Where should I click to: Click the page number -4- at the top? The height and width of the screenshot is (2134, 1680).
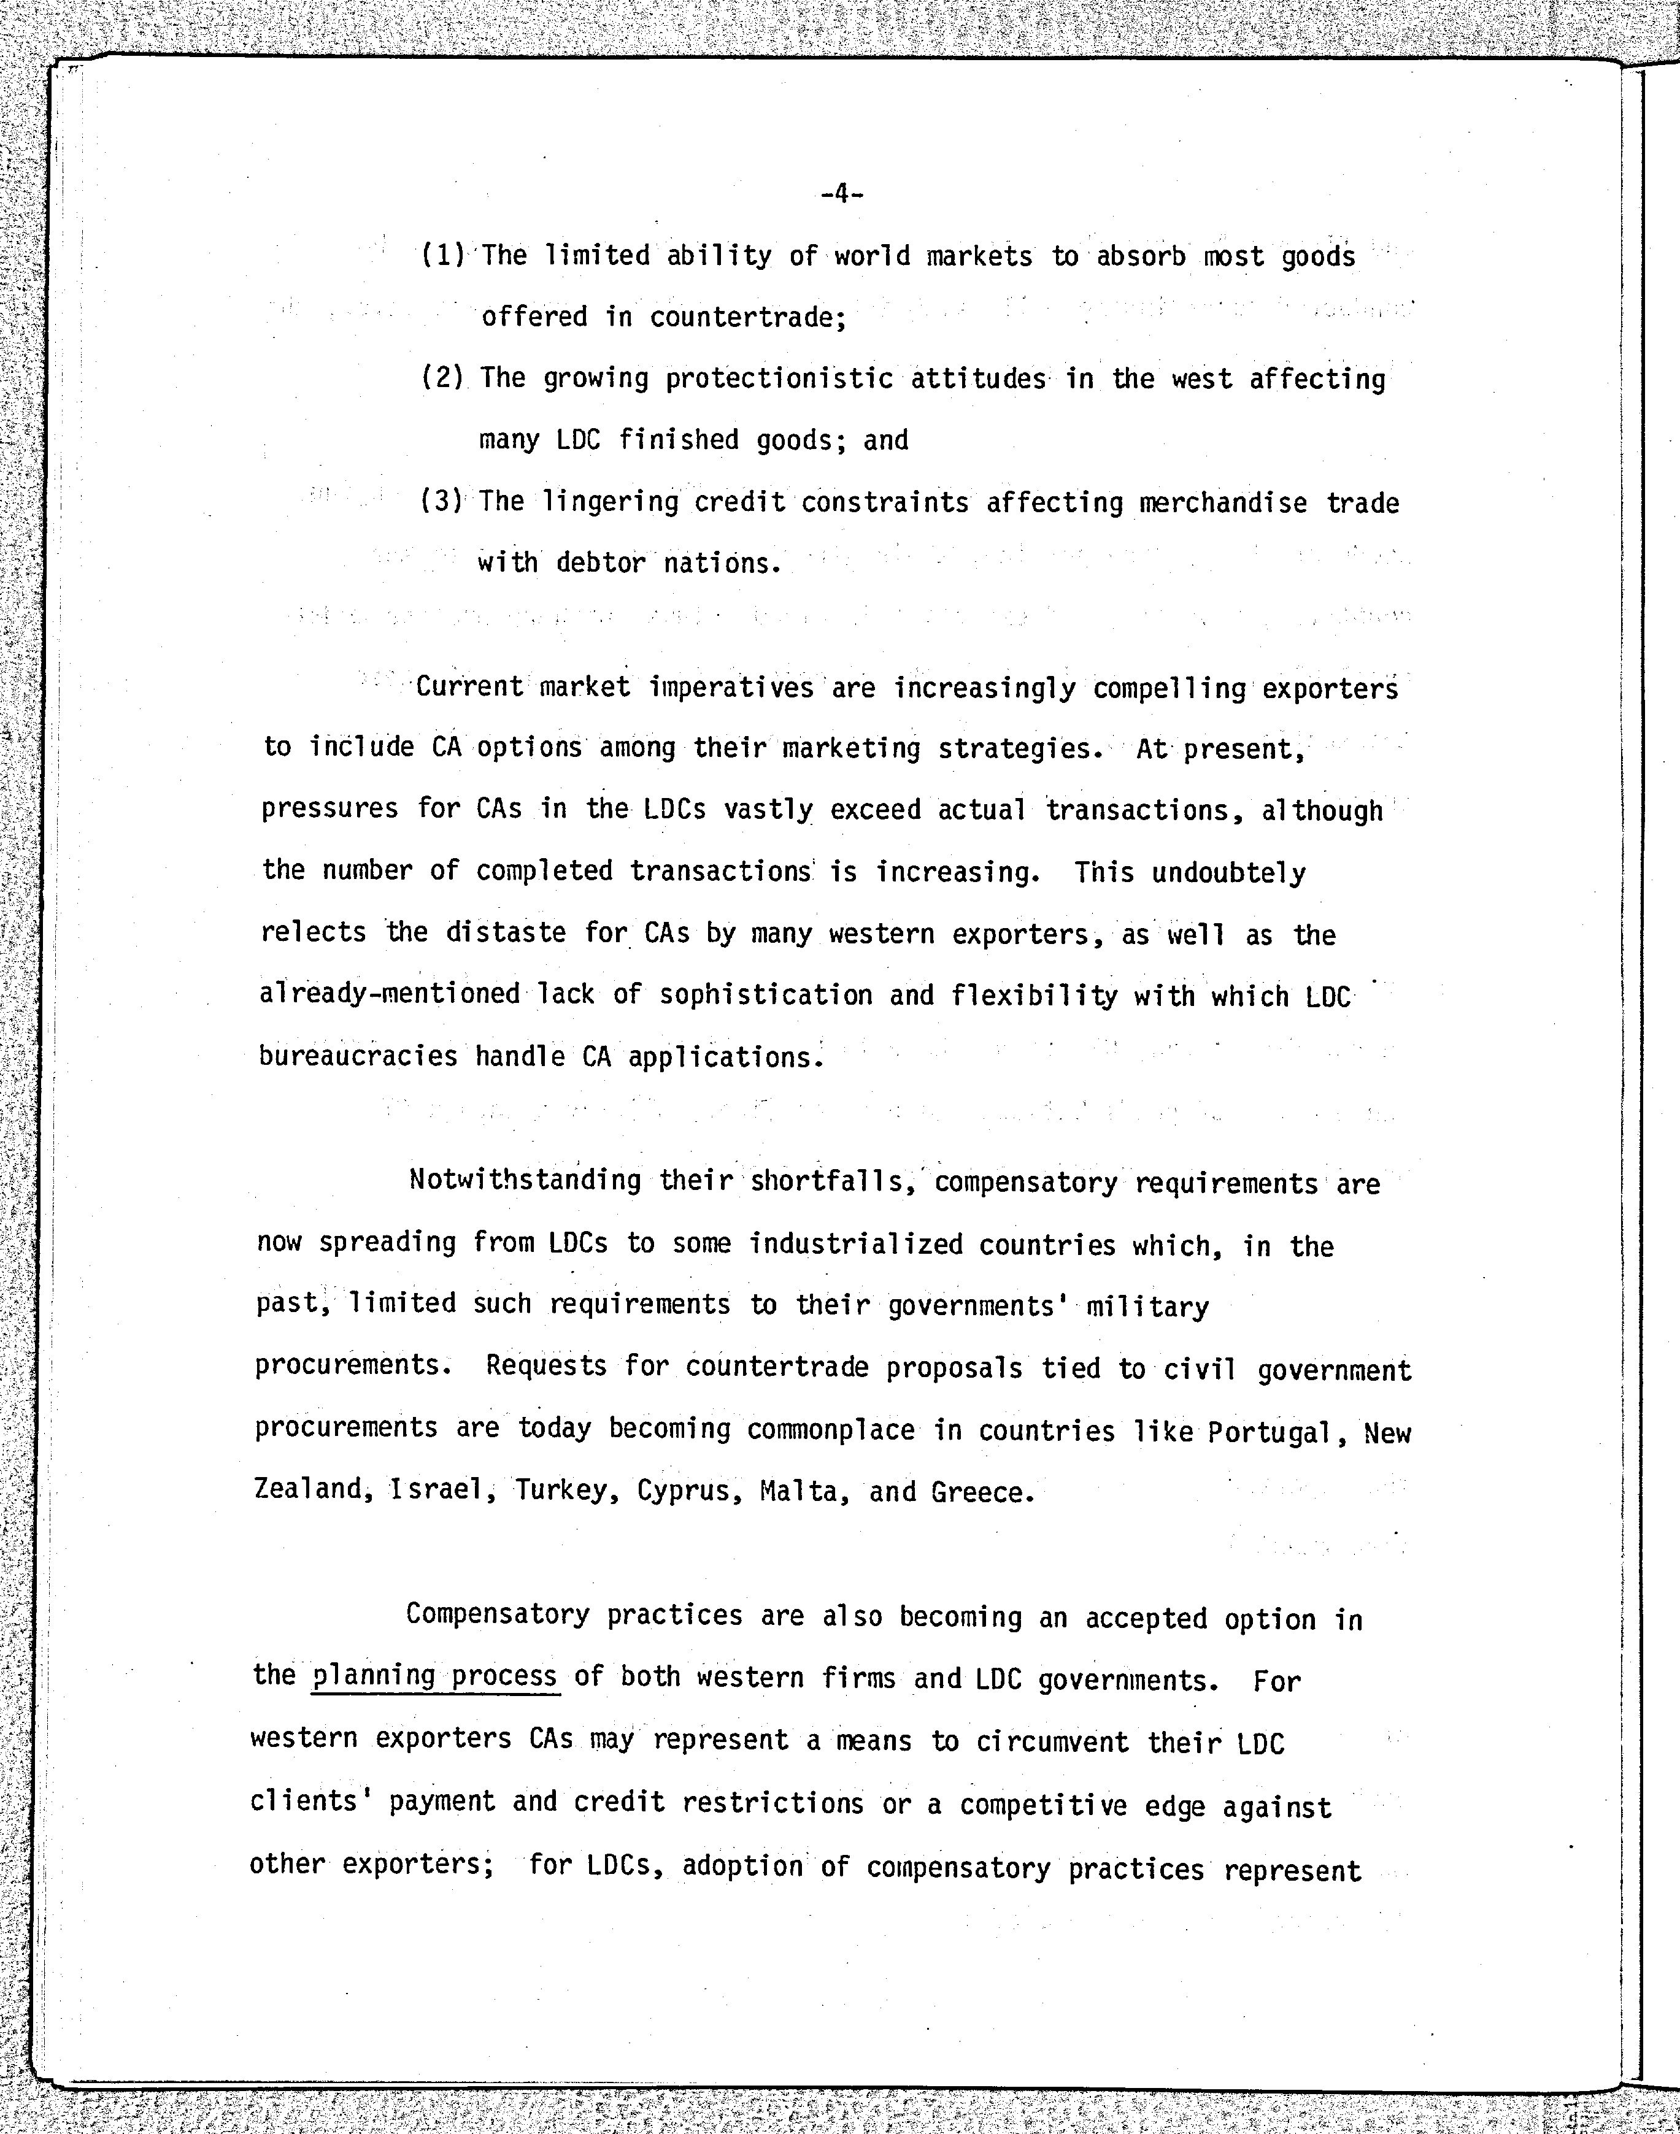coord(841,194)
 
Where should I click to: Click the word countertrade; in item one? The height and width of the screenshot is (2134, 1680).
coord(747,317)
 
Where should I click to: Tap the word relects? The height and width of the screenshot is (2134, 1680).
coord(313,931)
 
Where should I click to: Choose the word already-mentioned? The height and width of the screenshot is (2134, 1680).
coord(390,993)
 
